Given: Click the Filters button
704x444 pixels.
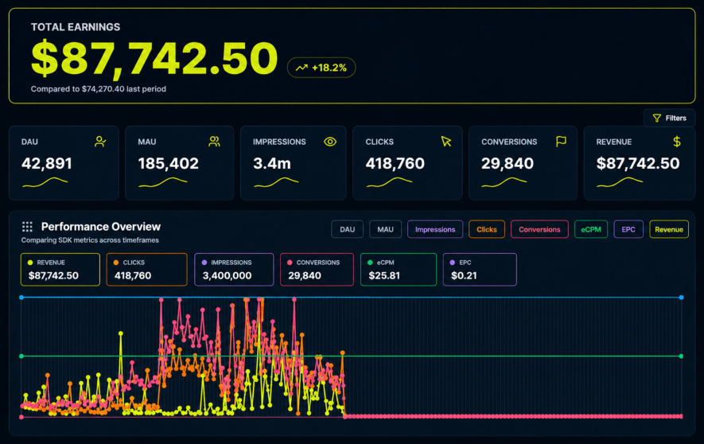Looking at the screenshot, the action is click(669, 118).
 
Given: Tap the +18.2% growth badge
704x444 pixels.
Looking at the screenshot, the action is click(321, 68).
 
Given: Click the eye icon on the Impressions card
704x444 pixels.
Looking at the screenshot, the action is click(330, 142).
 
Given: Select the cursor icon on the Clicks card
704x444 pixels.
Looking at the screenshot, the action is click(445, 142).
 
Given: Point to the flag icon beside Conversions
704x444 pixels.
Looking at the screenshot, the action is click(561, 142).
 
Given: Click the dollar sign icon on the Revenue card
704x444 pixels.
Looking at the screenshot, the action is click(677, 142).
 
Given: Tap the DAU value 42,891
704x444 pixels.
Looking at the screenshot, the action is click(47, 163).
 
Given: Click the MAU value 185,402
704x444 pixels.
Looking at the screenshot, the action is click(169, 163).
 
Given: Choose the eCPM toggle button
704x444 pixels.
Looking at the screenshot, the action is click(591, 229).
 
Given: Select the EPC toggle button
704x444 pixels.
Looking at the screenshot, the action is click(628, 229).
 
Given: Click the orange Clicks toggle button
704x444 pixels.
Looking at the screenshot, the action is click(487, 229).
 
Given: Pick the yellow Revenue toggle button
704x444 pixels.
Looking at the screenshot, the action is click(669, 229).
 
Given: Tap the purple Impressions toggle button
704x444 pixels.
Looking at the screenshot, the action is click(435, 229).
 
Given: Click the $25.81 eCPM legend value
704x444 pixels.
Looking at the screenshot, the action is click(384, 275).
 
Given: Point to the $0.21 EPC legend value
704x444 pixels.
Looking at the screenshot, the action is click(464, 275).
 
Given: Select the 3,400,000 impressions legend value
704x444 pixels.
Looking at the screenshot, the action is click(227, 275).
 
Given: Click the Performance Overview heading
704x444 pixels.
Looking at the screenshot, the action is click(101, 227).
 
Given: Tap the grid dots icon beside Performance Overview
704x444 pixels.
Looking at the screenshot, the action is click(27, 227).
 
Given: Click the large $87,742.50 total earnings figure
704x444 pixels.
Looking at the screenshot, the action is click(155, 58).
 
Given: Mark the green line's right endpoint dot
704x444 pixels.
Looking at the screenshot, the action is click(681, 356).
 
